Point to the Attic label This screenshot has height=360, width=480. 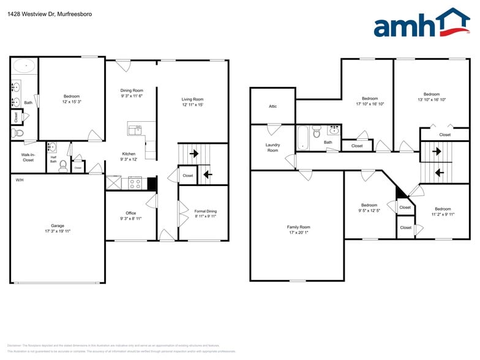(273, 106)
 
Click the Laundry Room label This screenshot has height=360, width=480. (272, 148)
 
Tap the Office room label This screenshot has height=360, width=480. (131, 213)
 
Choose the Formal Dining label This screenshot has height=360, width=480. (205, 211)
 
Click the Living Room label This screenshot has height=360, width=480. (192, 99)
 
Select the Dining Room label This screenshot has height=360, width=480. (132, 91)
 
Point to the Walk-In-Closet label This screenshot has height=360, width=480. (28, 157)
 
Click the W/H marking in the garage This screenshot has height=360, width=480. (20, 180)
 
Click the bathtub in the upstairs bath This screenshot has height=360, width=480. (304, 138)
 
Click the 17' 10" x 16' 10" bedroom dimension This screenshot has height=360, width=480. (370, 104)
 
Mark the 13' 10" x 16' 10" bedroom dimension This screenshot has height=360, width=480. (432, 99)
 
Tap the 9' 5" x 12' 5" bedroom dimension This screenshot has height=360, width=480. (369, 211)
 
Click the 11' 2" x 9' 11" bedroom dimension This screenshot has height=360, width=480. (443, 214)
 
